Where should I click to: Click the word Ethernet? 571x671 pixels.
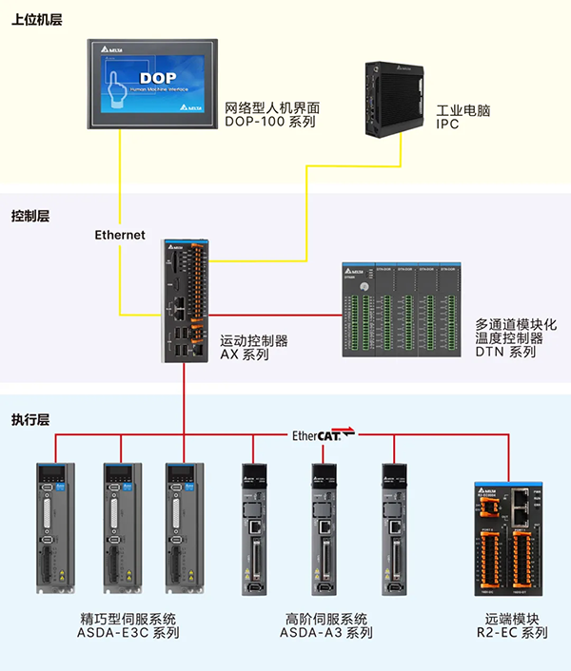click(120, 235)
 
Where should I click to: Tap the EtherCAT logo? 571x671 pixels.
click(323, 435)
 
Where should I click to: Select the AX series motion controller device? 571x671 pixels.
click(185, 297)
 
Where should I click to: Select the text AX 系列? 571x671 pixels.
click(245, 355)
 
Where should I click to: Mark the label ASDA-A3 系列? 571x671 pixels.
click(325, 633)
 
